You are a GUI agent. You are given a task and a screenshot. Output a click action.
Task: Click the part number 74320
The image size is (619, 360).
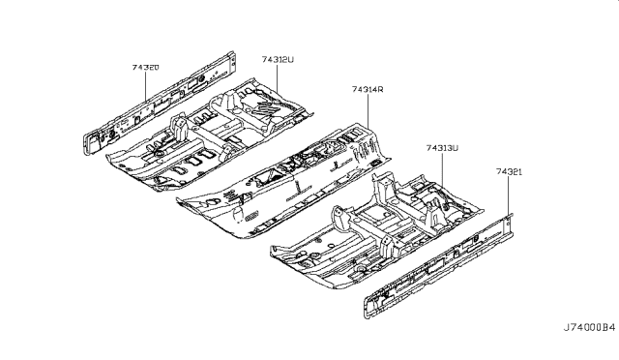tap(146, 68)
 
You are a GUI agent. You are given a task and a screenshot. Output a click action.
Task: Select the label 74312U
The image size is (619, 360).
tap(277, 59)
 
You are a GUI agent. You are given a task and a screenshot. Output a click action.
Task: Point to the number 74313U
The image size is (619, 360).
tap(441, 148)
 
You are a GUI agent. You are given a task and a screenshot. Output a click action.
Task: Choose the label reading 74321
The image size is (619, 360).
tap(510, 171)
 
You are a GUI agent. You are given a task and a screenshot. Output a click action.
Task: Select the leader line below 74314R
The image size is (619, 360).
tap(368, 106)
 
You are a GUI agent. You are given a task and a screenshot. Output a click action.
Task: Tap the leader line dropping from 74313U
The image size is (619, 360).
tap(441, 169)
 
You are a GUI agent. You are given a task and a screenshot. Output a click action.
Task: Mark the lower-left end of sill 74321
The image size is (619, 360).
tap(369, 313)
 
